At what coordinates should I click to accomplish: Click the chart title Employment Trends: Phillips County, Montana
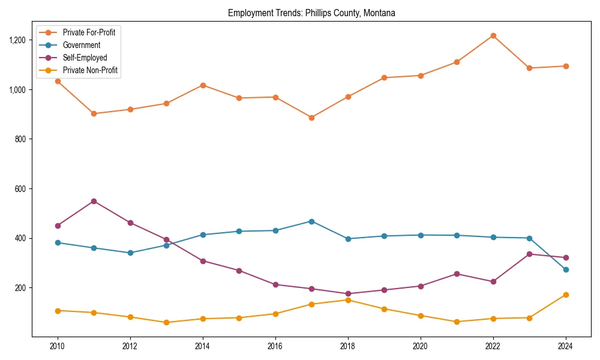pyautogui.click(x=311, y=13)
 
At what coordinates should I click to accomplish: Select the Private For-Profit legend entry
pyautogui.click(x=89, y=32)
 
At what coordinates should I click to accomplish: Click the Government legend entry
pyautogui.click(x=81, y=45)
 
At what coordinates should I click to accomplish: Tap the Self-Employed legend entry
pyautogui.click(x=85, y=58)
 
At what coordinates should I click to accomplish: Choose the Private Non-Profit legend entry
pyautogui.click(x=90, y=70)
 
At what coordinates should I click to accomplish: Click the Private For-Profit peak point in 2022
pyautogui.click(x=493, y=35)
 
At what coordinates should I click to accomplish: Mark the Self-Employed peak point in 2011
pyautogui.click(x=94, y=201)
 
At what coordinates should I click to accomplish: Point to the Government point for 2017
pyautogui.click(x=311, y=221)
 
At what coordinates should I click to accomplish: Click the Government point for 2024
pyautogui.click(x=566, y=269)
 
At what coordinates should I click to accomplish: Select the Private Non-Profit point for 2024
pyautogui.click(x=566, y=295)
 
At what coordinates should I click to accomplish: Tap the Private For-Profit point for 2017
pyautogui.click(x=311, y=118)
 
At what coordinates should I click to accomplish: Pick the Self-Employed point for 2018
pyautogui.click(x=348, y=294)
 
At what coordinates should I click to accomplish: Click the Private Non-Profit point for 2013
pyautogui.click(x=166, y=322)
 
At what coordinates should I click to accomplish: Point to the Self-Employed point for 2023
pyautogui.click(x=529, y=254)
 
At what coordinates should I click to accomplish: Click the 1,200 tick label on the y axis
pyautogui.click(x=17, y=40)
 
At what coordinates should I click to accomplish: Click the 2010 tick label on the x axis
pyautogui.click(x=58, y=346)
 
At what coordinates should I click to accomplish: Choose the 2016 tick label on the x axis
pyautogui.click(x=275, y=346)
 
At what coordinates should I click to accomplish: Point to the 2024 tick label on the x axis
pyautogui.click(x=566, y=346)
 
